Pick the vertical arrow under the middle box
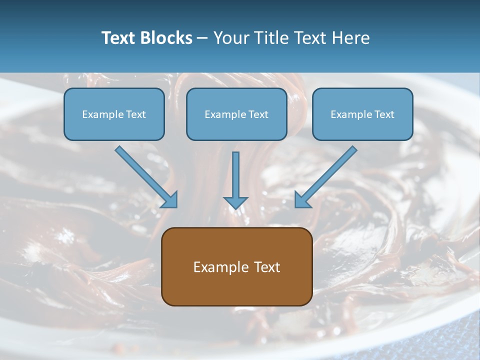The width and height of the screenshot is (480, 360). pyautogui.click(x=235, y=175)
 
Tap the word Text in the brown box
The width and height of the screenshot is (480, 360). pyautogui.click(x=267, y=267)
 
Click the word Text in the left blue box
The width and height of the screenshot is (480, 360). pyautogui.click(x=135, y=114)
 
